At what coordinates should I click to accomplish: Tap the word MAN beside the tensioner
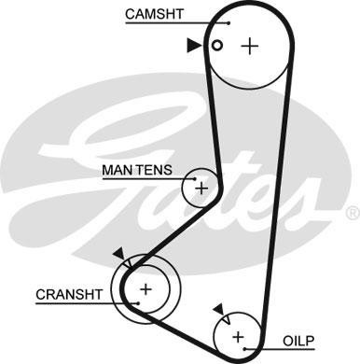tap(116, 172)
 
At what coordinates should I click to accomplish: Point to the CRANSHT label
tap(67, 294)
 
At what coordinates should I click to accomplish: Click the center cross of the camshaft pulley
tap(249, 46)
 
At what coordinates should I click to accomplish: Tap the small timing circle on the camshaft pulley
tap(216, 45)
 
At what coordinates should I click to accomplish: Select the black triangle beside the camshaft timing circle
tap(193, 44)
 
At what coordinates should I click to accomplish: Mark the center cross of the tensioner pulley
tap(201, 189)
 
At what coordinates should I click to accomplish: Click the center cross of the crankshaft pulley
tap(145, 288)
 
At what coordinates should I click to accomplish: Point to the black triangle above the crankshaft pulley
tap(118, 253)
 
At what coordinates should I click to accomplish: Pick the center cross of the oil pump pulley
tap(237, 335)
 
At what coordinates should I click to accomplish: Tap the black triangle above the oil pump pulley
tap(217, 308)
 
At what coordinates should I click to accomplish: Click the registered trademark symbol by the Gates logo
tap(352, 214)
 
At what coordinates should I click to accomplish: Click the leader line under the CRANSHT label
tap(75, 304)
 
